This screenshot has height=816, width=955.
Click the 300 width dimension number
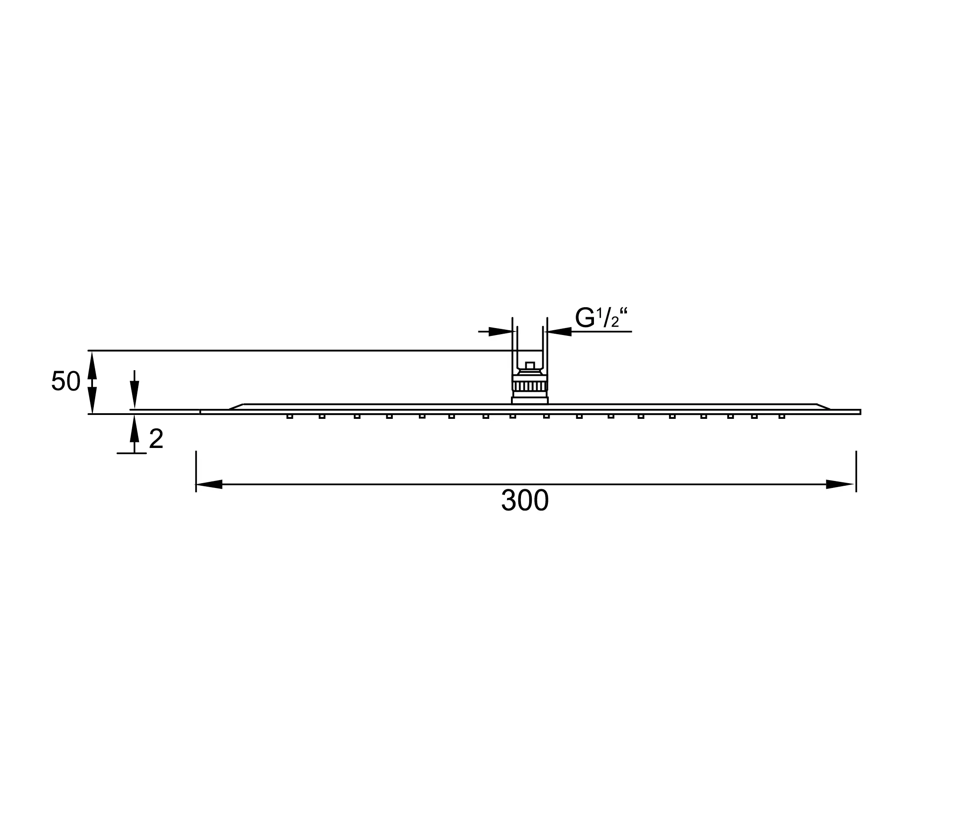click(x=524, y=501)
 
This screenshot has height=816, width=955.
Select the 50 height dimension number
click(x=66, y=382)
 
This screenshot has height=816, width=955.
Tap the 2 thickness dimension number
click(x=156, y=439)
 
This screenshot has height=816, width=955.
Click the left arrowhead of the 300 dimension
click(x=210, y=484)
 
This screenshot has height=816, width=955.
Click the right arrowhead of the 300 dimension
click(x=839, y=484)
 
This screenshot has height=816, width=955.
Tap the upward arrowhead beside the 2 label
click(x=134, y=429)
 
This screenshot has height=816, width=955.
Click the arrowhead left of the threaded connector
click(x=501, y=332)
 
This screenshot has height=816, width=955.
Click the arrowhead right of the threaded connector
click(x=559, y=332)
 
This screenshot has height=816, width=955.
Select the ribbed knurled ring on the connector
click(x=530, y=386)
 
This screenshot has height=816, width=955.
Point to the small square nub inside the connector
click(x=530, y=365)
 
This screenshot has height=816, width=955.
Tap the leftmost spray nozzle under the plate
click(x=289, y=417)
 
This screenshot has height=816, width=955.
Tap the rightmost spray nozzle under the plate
click(x=782, y=417)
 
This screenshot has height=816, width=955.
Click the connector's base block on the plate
click(x=530, y=401)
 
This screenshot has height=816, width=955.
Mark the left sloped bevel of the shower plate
click(x=236, y=407)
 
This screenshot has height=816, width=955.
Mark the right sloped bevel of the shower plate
click(x=823, y=407)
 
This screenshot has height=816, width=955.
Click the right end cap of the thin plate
click(x=859, y=411)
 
